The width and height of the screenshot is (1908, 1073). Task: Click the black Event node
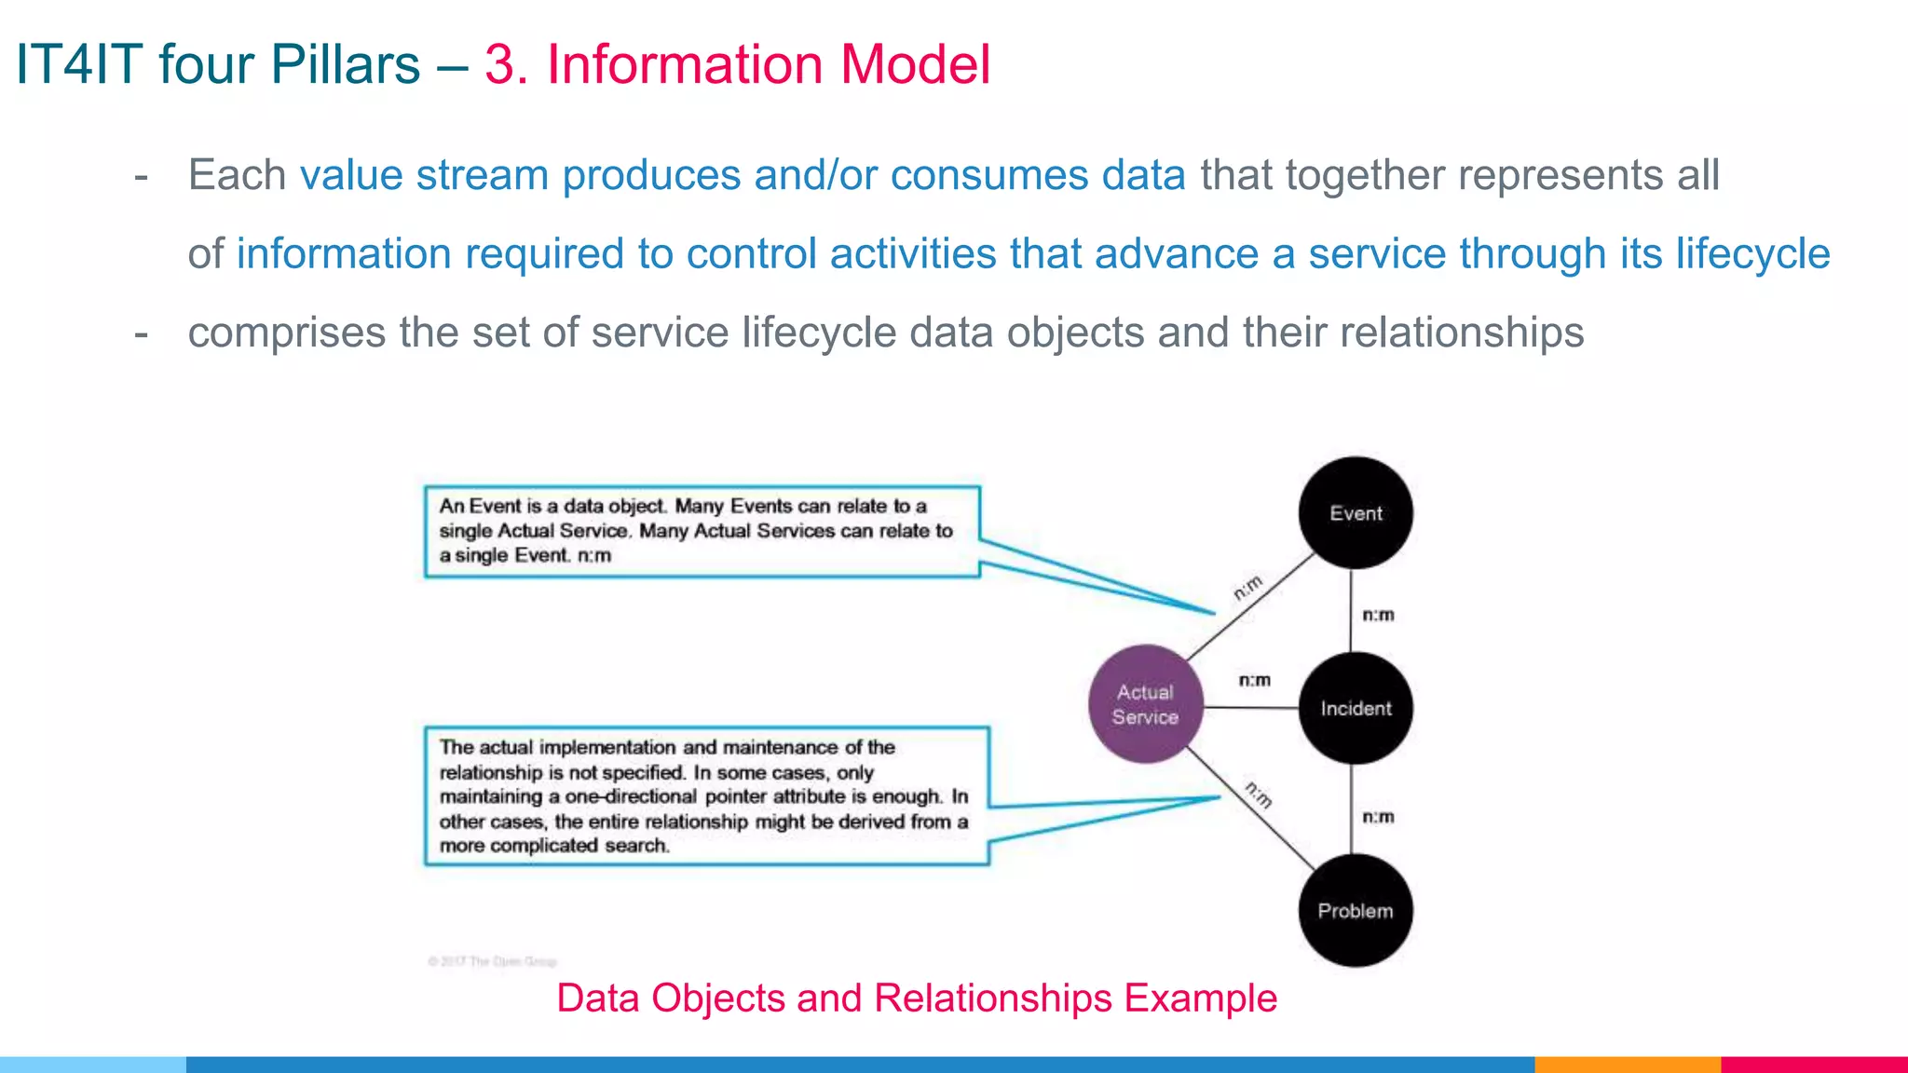[x=1356, y=513]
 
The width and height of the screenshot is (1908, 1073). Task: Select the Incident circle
[x=1356, y=709]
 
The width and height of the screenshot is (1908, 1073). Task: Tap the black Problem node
[x=1356, y=911]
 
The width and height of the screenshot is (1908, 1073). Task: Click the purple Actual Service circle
[x=1146, y=705]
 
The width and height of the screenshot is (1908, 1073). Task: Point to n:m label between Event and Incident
[x=1378, y=615]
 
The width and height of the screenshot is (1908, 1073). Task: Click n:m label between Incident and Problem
[x=1378, y=817]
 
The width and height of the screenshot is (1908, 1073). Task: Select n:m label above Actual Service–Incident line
[x=1254, y=680]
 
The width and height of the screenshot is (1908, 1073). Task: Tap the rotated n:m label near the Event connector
[x=1248, y=588]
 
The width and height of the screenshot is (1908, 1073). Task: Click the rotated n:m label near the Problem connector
[x=1259, y=795]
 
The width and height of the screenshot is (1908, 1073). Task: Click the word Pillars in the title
[x=345, y=65]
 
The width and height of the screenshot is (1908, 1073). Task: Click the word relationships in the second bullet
[x=1462, y=333]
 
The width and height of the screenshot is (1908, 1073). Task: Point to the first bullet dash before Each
[x=142, y=176]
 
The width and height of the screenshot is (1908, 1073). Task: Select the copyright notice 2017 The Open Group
[x=492, y=961]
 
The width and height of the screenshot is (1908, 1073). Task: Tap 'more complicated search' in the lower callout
[x=554, y=846]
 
